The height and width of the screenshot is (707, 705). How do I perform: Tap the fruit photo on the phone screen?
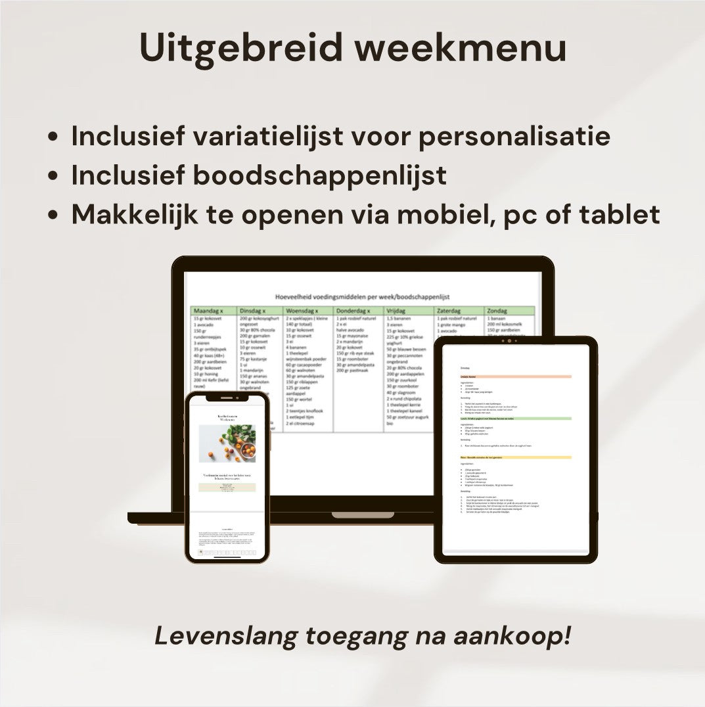coord(227,444)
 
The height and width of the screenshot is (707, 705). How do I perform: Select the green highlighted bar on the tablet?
coord(516,418)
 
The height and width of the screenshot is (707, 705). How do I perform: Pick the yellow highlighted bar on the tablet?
coord(516,457)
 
